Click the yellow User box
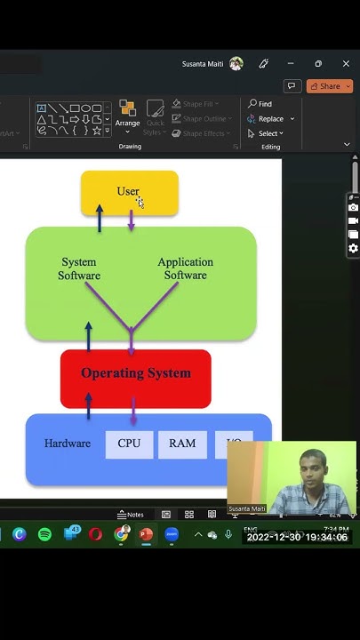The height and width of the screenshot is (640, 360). [129, 193]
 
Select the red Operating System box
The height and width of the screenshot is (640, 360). [135, 378]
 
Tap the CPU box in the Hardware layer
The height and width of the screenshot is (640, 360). [129, 444]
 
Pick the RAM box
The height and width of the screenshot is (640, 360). [182, 444]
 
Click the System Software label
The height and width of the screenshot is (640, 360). [79, 268]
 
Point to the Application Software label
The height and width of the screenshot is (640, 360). [185, 268]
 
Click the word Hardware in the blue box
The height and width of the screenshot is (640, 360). [68, 444]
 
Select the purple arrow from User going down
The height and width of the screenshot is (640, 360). [132, 220]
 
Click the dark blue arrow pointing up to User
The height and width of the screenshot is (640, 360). [100, 218]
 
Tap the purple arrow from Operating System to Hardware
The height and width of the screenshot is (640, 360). [133, 411]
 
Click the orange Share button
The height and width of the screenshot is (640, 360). [329, 86]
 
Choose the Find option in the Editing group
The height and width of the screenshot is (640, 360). [260, 104]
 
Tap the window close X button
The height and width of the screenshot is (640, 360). [346, 64]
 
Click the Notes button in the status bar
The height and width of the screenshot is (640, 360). [131, 515]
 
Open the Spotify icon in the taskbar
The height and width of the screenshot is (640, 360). [44, 534]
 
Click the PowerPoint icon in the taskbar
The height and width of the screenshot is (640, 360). [146, 534]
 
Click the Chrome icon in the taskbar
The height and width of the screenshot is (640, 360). [121, 534]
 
